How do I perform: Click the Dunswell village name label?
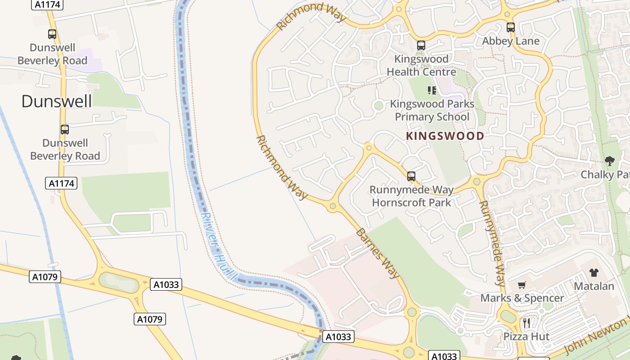click(x=57, y=101)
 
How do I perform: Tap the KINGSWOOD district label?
click(x=445, y=136)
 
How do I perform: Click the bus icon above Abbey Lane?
click(x=510, y=27)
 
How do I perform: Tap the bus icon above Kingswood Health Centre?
click(x=421, y=45)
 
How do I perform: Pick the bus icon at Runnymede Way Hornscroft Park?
click(x=411, y=176)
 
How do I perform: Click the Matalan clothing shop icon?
click(x=594, y=272)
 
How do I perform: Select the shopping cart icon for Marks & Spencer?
click(x=522, y=285)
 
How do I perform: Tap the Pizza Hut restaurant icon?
click(x=526, y=323)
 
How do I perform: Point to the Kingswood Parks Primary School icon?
click(x=432, y=90)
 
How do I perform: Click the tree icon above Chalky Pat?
click(x=610, y=161)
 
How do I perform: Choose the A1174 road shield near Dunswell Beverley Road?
click(x=61, y=183)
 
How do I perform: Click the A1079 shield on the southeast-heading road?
click(x=150, y=319)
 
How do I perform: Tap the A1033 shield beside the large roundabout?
click(x=166, y=284)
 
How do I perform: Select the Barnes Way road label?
click(x=377, y=253)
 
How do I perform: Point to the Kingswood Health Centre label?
click(x=421, y=65)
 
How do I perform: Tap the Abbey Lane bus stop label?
click(x=510, y=41)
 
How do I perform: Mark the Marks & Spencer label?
click(x=522, y=298)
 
